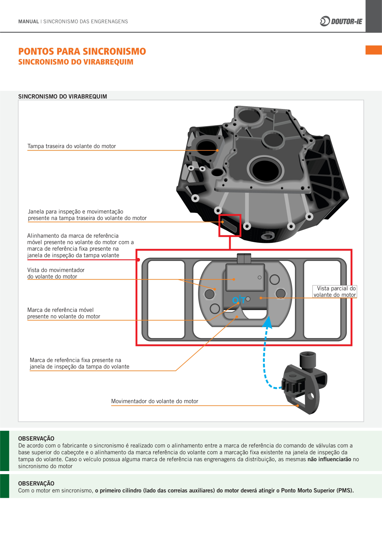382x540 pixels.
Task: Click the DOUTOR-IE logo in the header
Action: click(341, 21)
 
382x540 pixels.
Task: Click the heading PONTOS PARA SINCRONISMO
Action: click(82, 51)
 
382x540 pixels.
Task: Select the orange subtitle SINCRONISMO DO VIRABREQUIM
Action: click(76, 62)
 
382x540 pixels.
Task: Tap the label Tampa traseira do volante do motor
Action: click(71, 146)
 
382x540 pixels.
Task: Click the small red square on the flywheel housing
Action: click(230, 225)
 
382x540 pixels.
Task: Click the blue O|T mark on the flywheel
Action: click(238, 300)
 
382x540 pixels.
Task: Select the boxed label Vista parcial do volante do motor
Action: click(335, 292)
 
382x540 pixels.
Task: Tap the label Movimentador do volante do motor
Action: click(155, 401)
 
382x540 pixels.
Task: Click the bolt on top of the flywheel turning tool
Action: click(308, 360)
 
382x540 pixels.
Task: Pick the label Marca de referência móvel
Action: click(60, 310)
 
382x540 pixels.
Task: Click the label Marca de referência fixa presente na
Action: click(75, 360)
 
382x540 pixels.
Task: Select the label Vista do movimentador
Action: click(56, 270)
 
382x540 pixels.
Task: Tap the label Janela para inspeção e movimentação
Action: click(75, 212)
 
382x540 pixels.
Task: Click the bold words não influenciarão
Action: click(329, 459)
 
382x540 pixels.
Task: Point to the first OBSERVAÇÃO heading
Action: click(36, 438)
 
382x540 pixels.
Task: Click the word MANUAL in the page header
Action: click(29, 22)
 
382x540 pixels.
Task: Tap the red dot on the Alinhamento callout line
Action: click(139, 260)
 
